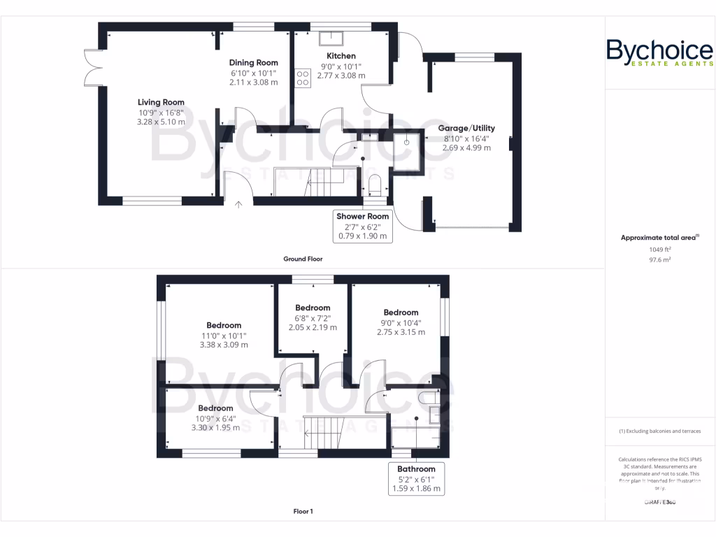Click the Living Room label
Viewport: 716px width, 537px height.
[x=161, y=103]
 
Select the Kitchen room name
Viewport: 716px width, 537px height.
[x=341, y=56]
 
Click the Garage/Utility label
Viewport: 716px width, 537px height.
[x=466, y=128]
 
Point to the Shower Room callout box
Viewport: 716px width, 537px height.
[x=362, y=226]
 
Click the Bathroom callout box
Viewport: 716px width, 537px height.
[x=416, y=478]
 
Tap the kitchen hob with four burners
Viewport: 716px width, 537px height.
[x=303, y=77]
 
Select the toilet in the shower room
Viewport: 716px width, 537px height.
[x=374, y=185]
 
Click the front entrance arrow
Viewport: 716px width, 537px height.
[x=239, y=205]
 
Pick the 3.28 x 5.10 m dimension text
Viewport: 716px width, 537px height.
[x=161, y=122]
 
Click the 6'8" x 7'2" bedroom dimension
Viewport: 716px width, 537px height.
[x=313, y=317]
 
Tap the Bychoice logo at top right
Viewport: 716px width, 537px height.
[x=659, y=53]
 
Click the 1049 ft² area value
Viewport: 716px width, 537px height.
[x=659, y=249]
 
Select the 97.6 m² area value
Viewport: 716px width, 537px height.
[x=659, y=259]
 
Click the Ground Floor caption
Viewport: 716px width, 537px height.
[x=303, y=259]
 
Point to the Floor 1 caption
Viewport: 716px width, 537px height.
[x=303, y=511]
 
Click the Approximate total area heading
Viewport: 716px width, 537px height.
[x=659, y=238]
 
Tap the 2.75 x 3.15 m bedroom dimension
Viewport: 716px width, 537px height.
[x=401, y=332]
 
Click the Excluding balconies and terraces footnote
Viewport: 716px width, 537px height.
[x=659, y=431]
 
